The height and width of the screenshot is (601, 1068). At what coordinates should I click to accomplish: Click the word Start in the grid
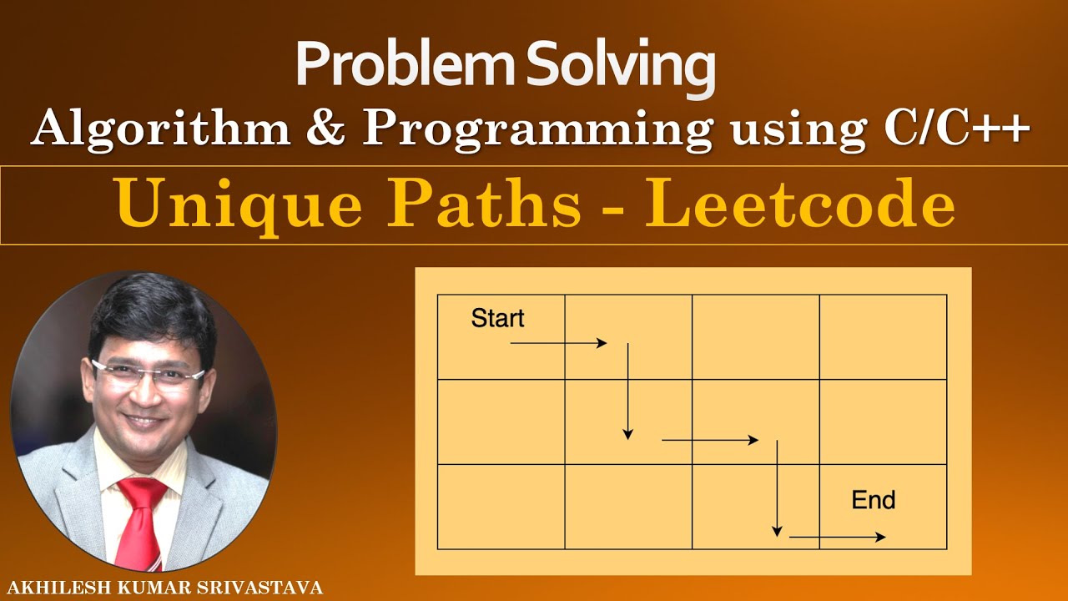pyautogui.click(x=497, y=318)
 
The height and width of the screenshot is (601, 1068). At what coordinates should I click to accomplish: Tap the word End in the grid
pyautogui.click(x=873, y=500)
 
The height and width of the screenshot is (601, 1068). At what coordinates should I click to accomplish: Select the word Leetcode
pyautogui.click(x=800, y=205)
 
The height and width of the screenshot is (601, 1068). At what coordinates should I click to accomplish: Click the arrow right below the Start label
pyautogui.click(x=558, y=343)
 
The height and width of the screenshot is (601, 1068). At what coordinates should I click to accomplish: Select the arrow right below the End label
pyautogui.click(x=837, y=537)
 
